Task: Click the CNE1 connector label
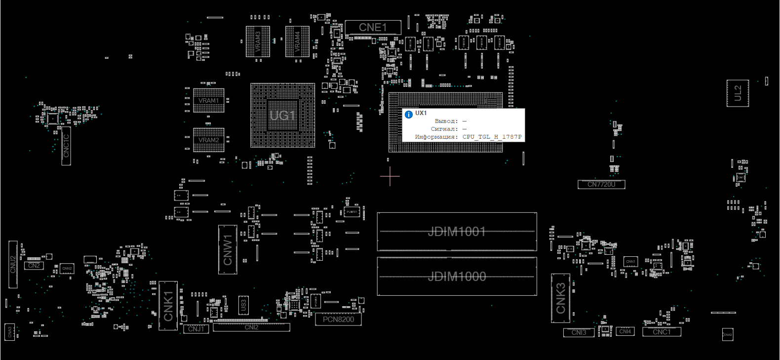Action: coord(373,27)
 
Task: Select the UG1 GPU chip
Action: coord(282,116)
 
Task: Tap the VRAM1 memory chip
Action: coord(209,101)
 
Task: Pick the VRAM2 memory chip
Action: coord(209,140)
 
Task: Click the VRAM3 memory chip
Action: coord(258,41)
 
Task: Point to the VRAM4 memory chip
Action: coord(297,41)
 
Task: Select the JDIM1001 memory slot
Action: coord(457,232)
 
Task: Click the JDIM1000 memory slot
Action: coord(457,277)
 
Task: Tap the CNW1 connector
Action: coord(228,249)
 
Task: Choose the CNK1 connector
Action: coord(168,306)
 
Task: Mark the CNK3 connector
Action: coord(560,298)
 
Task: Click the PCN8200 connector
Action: coord(338,320)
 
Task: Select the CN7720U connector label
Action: coord(601,184)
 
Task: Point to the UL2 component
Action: coord(738,93)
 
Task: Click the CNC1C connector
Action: coord(66,146)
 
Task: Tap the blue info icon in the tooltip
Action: coord(409,115)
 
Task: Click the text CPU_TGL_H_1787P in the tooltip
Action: coord(492,137)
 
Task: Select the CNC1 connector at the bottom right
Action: coord(662,332)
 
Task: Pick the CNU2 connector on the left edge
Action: coord(13,264)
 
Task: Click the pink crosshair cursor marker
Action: coord(390,176)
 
